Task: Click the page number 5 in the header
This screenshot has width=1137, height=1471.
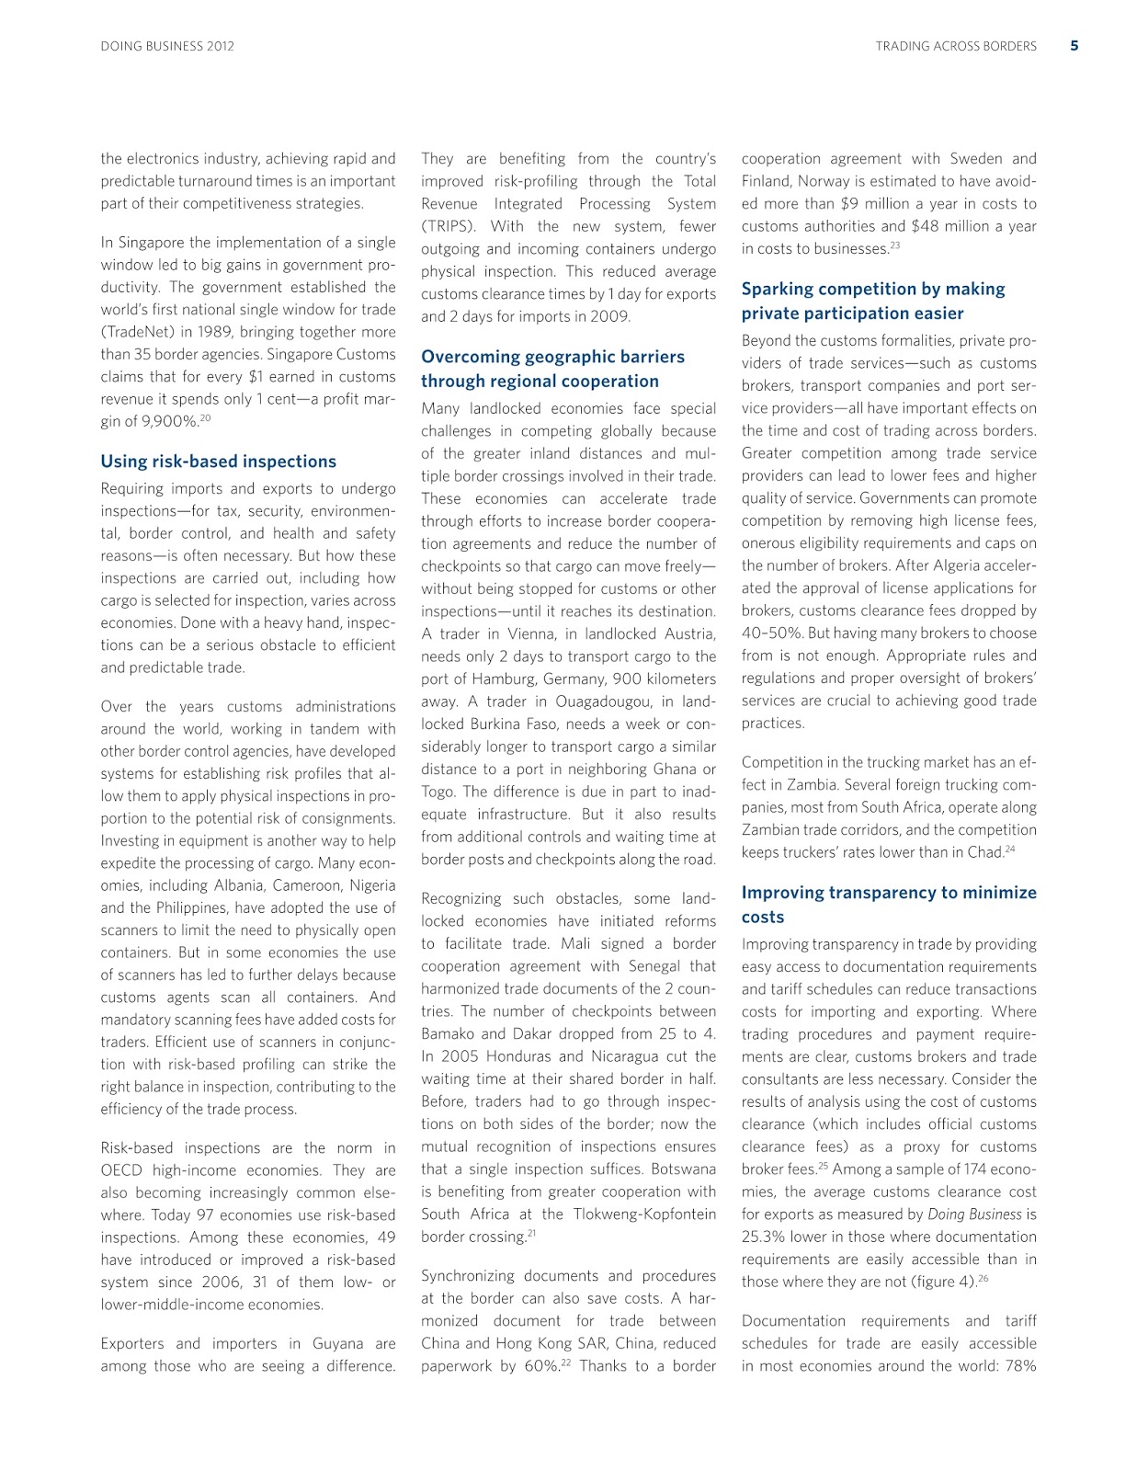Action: coord(1074,45)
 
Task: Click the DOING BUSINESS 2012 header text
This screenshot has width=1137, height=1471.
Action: coord(167,46)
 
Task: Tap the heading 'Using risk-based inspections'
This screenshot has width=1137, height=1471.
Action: coord(218,462)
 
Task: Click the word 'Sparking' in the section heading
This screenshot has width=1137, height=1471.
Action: coord(778,289)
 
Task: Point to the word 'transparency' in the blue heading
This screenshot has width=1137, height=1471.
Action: coord(865,893)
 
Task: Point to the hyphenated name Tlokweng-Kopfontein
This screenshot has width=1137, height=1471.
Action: coord(644,1214)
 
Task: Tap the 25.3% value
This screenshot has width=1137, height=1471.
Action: coord(766,1237)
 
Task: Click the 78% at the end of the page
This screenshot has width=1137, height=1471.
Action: coord(1020,1366)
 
